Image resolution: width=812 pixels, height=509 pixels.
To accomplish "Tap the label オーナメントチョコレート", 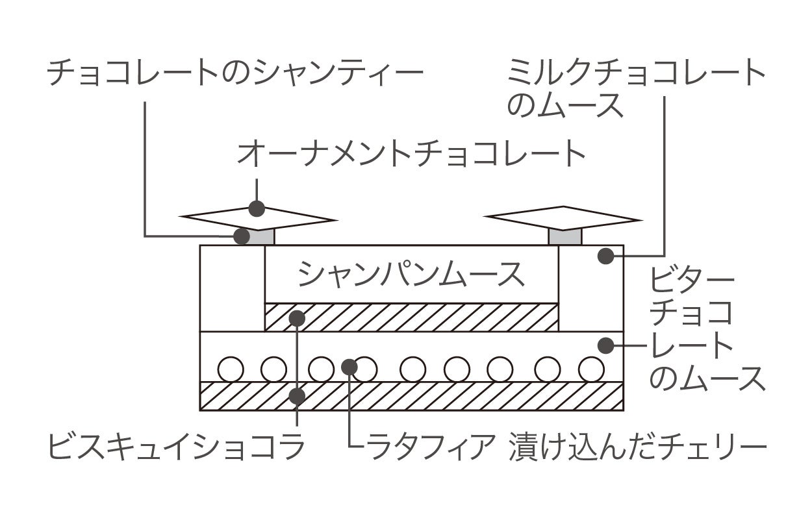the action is pos(411,155).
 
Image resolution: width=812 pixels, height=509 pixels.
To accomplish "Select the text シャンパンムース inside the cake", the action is pos(411,275).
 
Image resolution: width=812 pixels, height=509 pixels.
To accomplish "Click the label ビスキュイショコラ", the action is pos(177,447).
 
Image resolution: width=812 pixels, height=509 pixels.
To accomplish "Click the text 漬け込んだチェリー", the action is pos(639,447).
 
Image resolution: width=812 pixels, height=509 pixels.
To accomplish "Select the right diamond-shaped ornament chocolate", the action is pos(563,217).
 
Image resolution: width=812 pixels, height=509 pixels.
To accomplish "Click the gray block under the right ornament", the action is pos(565,237).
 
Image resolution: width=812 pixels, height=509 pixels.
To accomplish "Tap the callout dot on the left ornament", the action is pos(257,209).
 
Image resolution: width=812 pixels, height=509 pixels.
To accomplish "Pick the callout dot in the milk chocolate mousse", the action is pos(605,256).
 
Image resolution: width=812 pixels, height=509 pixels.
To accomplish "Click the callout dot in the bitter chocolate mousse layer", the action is pos(605,345).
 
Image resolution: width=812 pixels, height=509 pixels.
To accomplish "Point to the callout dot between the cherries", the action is pos(349,367).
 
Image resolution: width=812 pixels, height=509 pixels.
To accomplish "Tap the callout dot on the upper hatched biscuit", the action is pos(298,318).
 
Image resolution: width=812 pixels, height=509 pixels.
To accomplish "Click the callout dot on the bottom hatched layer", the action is pos(298,395).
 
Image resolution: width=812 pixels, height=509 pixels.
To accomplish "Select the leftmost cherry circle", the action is pos(230,369).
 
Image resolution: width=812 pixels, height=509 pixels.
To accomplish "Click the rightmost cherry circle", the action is pos(591,369).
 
